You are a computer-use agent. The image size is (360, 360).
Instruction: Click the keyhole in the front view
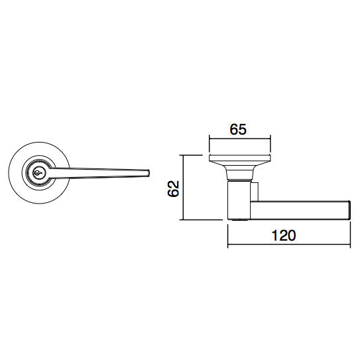(37, 174)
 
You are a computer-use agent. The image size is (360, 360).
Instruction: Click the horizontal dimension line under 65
(239, 140)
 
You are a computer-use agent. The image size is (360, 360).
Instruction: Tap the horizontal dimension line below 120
(288, 245)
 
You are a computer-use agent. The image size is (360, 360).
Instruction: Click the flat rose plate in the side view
(239, 160)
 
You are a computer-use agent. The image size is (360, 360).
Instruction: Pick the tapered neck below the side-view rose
(239, 174)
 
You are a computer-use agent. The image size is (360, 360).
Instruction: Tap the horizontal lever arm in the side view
(298, 209)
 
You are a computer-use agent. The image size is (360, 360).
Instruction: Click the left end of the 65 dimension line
(210, 140)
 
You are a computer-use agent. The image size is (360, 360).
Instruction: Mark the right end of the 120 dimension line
(349, 245)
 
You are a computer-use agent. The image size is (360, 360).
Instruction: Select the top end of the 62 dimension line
(184, 155)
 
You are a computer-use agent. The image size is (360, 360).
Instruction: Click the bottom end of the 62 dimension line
(184, 219)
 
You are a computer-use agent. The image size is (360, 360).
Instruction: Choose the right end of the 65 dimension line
(269, 140)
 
